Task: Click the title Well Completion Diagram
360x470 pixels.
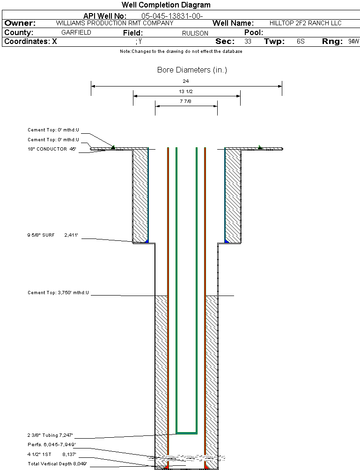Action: pos(166,5)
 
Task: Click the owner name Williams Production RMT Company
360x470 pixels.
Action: pos(114,23)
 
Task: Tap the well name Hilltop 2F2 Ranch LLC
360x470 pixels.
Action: pos(306,23)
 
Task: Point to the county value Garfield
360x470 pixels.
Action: pos(76,33)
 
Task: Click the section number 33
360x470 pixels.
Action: pos(248,42)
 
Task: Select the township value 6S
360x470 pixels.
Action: pos(301,42)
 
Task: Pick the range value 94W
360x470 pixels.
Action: pos(353,42)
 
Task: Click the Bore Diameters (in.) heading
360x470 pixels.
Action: pos(192,70)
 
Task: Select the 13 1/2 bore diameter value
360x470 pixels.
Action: pos(186,91)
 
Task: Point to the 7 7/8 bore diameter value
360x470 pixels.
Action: pos(186,101)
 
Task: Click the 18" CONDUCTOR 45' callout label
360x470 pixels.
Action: pos(51,149)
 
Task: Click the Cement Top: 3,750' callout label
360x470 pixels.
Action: pos(58,293)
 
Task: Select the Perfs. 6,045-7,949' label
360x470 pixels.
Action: pos(51,444)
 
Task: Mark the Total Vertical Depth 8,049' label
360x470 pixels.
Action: pos(57,463)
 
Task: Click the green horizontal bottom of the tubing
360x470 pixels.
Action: pos(186,433)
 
